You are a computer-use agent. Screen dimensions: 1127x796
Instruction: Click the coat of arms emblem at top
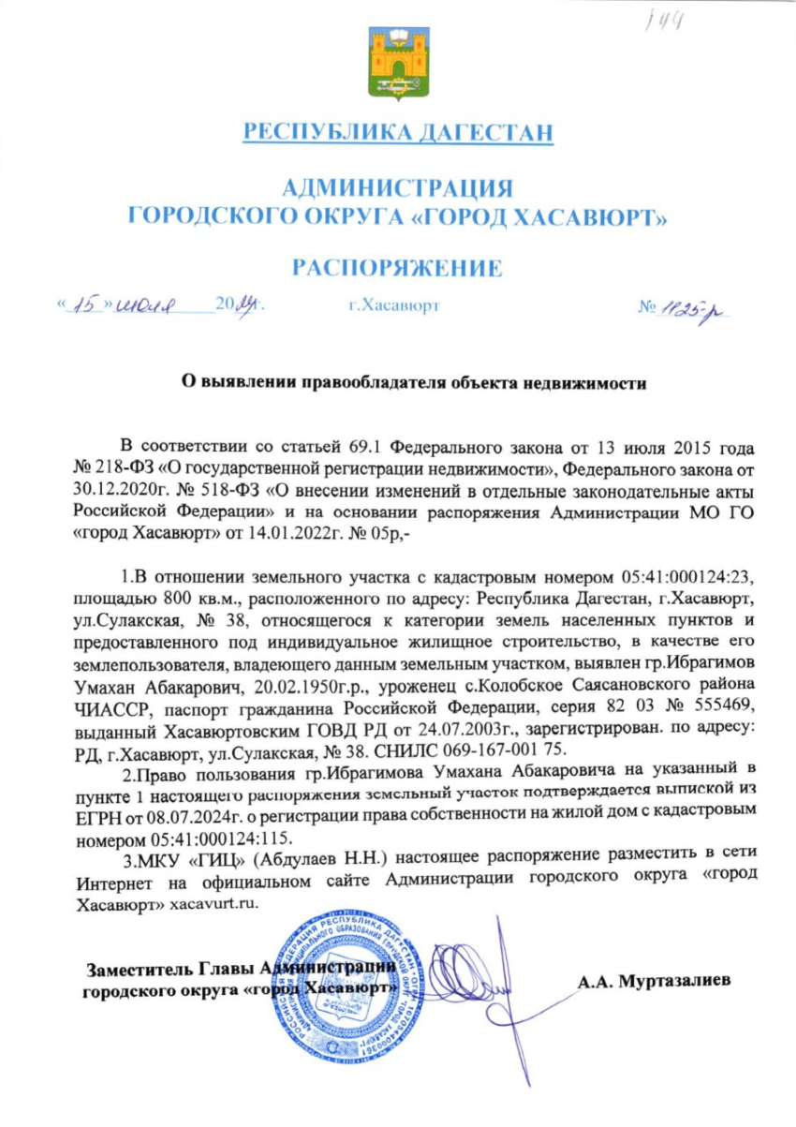(397, 67)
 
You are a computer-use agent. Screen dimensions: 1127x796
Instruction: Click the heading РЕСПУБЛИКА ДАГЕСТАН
(397, 132)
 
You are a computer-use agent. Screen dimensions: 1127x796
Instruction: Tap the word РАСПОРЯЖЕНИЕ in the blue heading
(397, 269)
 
